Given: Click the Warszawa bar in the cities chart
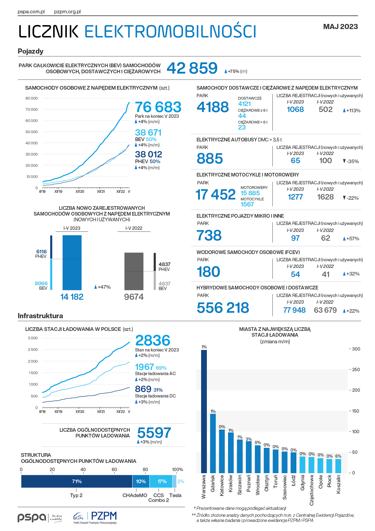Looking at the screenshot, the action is click(x=204, y=411).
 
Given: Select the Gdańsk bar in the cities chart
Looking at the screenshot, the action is click(x=213, y=443).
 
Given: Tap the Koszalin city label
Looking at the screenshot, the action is click(x=338, y=484).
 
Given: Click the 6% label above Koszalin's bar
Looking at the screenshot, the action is click(x=338, y=456).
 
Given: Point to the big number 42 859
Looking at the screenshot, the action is click(x=192, y=68).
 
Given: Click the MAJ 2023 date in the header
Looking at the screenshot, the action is click(x=341, y=27).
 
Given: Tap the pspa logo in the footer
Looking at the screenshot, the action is click(x=40, y=518).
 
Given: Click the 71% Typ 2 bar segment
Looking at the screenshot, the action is click(x=77, y=481).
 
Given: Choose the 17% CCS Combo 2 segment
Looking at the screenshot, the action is click(x=161, y=481).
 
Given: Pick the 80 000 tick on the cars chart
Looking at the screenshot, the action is click(x=31, y=98).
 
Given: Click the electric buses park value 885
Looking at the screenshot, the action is click(x=210, y=159).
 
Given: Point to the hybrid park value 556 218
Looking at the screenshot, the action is click(x=223, y=308).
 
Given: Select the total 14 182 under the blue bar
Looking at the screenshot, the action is click(x=72, y=297).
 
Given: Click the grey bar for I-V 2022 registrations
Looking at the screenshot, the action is click(x=134, y=271).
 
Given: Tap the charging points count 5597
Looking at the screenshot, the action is click(x=154, y=433).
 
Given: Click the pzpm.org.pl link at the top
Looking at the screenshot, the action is click(x=67, y=12).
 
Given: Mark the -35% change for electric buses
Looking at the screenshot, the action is click(x=351, y=161).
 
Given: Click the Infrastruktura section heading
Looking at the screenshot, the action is click(x=41, y=316).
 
